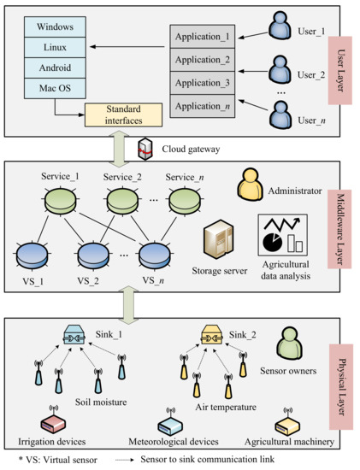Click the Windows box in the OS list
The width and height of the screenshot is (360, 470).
tap(56, 26)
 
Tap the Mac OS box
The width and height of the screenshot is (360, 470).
tap(56, 87)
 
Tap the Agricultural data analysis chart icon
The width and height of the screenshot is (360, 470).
tap(281, 234)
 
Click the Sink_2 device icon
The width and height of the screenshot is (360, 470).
tap(212, 334)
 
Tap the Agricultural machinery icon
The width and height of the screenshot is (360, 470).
tap(287, 422)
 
